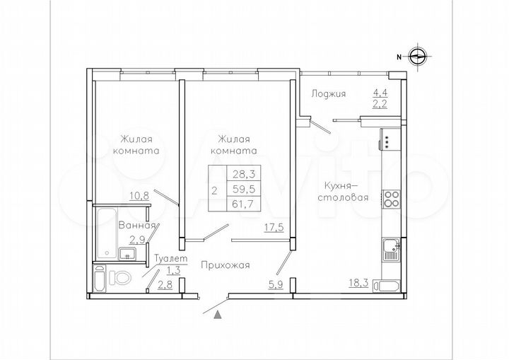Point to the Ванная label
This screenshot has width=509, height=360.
tap(133, 226)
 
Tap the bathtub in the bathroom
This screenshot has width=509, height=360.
tap(109, 232)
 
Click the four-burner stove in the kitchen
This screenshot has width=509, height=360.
tap(391, 199)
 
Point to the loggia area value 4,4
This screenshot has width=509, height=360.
tap(380, 91)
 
